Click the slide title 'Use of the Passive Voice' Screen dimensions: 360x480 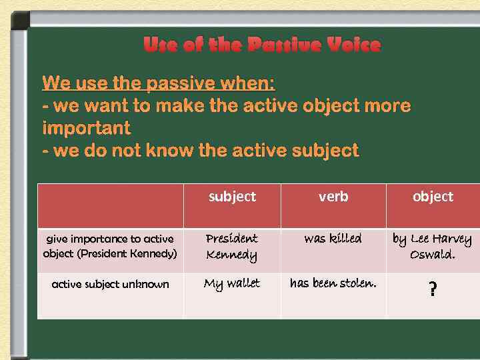(x=262, y=45)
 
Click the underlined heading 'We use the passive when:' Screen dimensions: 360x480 (x=159, y=83)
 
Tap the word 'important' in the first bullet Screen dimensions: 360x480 (x=87, y=127)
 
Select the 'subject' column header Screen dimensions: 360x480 (x=232, y=197)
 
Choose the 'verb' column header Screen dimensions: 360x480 (x=333, y=197)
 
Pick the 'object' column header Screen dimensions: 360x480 (x=433, y=197)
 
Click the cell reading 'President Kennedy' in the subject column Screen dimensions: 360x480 (x=232, y=247)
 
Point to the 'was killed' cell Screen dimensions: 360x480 (x=333, y=239)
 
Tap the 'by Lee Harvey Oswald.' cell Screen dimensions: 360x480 (x=432, y=247)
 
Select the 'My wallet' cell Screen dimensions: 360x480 (x=232, y=284)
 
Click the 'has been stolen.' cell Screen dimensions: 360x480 (x=333, y=284)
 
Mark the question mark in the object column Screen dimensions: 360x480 (x=433, y=289)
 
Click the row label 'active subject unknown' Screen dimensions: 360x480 (x=110, y=285)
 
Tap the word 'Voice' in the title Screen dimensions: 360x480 (x=351, y=45)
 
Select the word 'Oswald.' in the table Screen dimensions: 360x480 (x=433, y=255)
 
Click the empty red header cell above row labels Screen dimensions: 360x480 (x=110, y=205)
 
